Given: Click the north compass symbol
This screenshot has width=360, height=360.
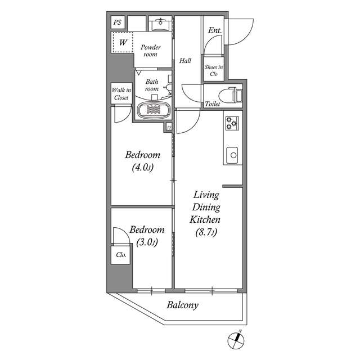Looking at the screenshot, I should pyautogui.click(x=237, y=339).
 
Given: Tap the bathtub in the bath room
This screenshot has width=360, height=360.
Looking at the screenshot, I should pyautogui.click(x=153, y=110).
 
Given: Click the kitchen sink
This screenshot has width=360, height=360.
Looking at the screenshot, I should pyautogui.click(x=232, y=154).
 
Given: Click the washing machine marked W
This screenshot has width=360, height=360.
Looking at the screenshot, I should pyautogui.click(x=122, y=42).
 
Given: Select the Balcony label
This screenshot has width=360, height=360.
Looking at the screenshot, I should pyautogui.click(x=182, y=306).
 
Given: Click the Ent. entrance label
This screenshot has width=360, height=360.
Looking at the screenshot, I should pyautogui.click(x=214, y=31).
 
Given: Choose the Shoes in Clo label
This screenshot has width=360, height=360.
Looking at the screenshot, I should pyautogui.click(x=214, y=70).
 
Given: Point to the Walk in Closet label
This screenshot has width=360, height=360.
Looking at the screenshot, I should pyautogui.click(x=120, y=93).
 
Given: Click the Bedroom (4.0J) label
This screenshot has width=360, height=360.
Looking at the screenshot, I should pyautogui.click(x=143, y=161).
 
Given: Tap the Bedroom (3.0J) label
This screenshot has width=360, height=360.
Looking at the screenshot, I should pyautogui.click(x=146, y=236).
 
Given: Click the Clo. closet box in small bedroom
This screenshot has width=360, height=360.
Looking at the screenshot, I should pyautogui.click(x=120, y=254).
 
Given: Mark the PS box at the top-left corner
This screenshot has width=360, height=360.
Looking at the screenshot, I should pyautogui.click(x=117, y=22).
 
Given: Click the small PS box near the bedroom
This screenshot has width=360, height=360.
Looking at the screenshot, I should pyautogui.click(x=169, y=128).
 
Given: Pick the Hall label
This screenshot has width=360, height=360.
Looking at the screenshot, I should pyautogui.click(x=186, y=61).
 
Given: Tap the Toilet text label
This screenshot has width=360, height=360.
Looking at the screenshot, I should pyautogui.click(x=212, y=104).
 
